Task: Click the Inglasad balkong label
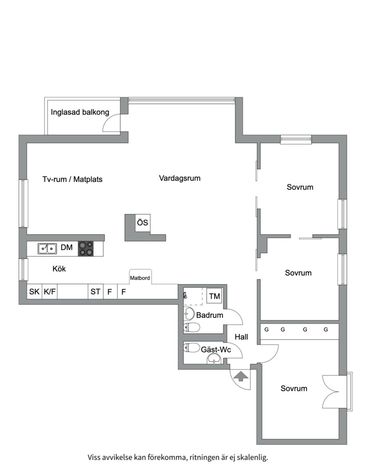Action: point(80,112)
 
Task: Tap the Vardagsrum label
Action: point(180,178)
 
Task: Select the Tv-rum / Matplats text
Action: point(72,179)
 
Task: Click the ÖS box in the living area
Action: point(142,223)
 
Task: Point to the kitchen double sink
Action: point(47,248)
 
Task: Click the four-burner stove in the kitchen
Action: point(86,248)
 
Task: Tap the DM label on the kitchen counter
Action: point(67,247)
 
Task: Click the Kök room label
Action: point(59,269)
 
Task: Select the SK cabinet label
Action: point(34,291)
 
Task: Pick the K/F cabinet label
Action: point(50,291)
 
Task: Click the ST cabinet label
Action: point(95,291)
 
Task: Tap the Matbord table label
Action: point(140,278)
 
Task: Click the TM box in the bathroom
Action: point(214,296)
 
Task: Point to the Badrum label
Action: point(210,315)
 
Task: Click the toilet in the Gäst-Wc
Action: point(192,348)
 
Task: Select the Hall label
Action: point(241,337)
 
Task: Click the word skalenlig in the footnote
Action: point(252,457)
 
